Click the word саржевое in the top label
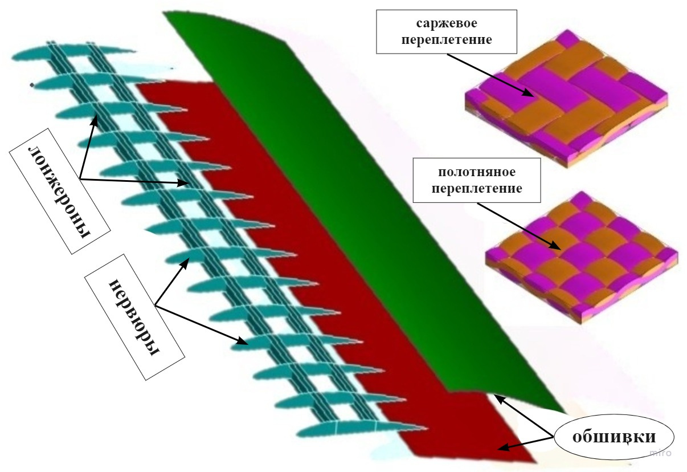pyautogui.click(x=447, y=23)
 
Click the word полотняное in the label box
pyautogui.click(x=477, y=172)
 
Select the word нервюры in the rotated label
pyautogui.click(x=134, y=318)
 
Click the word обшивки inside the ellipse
pyautogui.click(x=614, y=437)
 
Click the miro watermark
pyautogui.click(x=661, y=453)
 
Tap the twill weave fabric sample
pyautogui.click(x=566, y=98)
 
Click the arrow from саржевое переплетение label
pyautogui.click(x=490, y=75)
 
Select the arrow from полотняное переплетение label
pyautogui.click(x=518, y=226)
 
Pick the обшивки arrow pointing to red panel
pyautogui.click(x=525, y=443)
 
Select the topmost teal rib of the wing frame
pyautogui.click(x=73, y=53)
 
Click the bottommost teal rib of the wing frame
pyautogui.click(x=362, y=429)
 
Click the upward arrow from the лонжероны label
pyautogui.click(x=88, y=147)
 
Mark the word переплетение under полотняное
pyautogui.click(x=477, y=189)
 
